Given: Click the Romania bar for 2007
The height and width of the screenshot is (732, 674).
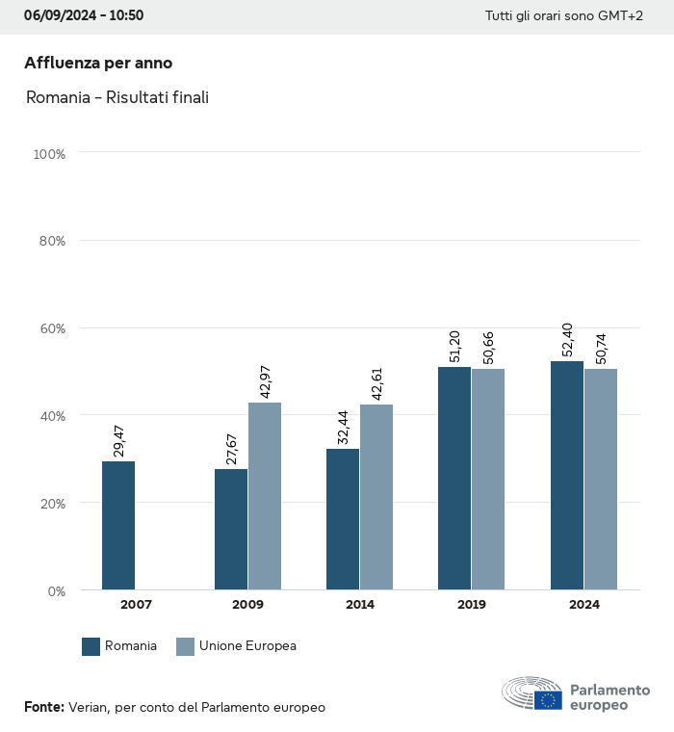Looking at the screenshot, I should pyautogui.click(x=118, y=526).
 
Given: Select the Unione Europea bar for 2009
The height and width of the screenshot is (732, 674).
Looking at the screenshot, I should pyautogui.click(x=265, y=496).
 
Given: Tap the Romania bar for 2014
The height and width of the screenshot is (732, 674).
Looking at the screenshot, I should pyautogui.click(x=343, y=519).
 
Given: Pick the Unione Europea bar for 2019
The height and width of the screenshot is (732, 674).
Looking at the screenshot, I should pyautogui.click(x=488, y=480).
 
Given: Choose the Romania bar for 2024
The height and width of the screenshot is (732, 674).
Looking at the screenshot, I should pyautogui.click(x=567, y=476).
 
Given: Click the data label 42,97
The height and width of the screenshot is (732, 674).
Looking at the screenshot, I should pyautogui.click(x=266, y=377).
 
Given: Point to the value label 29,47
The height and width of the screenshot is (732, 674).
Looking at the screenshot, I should pyautogui.click(x=119, y=435).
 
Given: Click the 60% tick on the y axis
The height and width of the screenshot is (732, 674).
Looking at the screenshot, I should pyautogui.click(x=50, y=328).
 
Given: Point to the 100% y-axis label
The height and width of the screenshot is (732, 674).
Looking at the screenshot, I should pyautogui.click(x=48, y=154).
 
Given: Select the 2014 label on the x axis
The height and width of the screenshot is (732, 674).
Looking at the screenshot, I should pyautogui.click(x=360, y=605).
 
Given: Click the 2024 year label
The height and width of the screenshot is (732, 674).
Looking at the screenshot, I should pyautogui.click(x=583, y=605).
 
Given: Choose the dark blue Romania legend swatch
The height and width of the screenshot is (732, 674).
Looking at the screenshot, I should pyautogui.click(x=91, y=646).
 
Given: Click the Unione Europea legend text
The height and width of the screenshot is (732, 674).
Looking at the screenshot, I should pyautogui.click(x=247, y=646).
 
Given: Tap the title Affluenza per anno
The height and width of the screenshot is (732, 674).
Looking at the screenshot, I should pyautogui.click(x=98, y=63).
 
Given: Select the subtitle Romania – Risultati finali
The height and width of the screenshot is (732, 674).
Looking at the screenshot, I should pyautogui.click(x=117, y=97).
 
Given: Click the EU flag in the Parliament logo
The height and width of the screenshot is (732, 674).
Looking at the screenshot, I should pyautogui.click(x=549, y=700).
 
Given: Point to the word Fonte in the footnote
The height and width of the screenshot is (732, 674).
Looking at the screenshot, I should pyautogui.click(x=43, y=707).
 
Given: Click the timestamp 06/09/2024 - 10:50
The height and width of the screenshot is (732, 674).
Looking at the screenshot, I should pyautogui.click(x=84, y=15).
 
